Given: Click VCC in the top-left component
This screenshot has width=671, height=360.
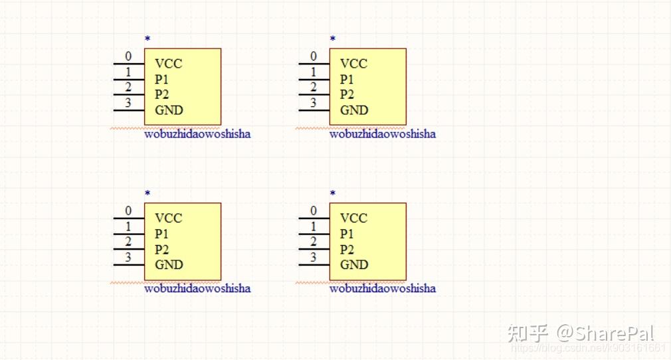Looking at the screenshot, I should (168, 64).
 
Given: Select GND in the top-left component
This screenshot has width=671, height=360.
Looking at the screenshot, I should (169, 110).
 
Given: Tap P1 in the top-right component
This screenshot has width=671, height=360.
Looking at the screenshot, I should (347, 79).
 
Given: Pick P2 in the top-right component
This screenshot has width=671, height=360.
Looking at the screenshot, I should (347, 94).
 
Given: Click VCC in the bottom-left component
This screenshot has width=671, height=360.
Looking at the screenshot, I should (168, 218).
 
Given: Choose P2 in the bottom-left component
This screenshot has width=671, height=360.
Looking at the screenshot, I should (161, 249).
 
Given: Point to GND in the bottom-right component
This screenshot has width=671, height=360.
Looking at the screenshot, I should (354, 264).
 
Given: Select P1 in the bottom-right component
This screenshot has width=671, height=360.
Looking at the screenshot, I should (347, 234).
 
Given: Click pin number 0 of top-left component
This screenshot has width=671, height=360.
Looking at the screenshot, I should (128, 56).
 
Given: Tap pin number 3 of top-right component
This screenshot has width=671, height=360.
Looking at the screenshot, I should (314, 103).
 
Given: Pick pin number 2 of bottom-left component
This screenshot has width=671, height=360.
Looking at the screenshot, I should (128, 242).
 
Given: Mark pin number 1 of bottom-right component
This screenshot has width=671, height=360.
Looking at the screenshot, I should (314, 226).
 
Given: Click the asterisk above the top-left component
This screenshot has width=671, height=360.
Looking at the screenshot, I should (147, 39).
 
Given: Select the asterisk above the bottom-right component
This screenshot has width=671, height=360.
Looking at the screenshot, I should (333, 193).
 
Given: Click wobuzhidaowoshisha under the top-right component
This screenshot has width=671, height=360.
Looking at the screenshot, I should (383, 134).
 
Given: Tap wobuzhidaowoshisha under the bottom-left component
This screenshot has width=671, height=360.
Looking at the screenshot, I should (197, 288).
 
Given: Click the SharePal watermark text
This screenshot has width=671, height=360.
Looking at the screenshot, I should (605, 333).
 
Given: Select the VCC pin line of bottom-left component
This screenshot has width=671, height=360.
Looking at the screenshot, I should (128, 219).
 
